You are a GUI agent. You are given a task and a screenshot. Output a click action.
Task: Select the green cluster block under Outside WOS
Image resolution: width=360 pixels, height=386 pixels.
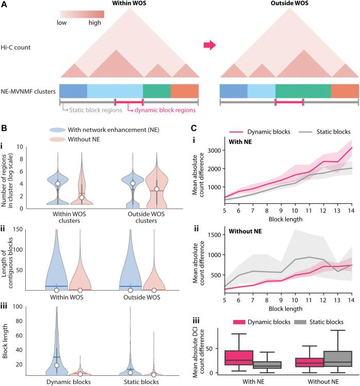(x=303, y=91)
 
